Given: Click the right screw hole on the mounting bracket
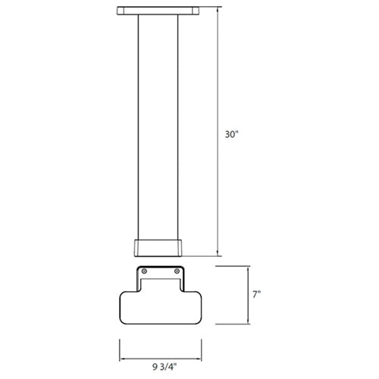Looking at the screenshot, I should pos(177,271).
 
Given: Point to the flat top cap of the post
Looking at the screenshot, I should pos(158,12).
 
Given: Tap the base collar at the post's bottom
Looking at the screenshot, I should pos(158,249).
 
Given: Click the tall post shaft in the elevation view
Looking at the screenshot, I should pos(158,129).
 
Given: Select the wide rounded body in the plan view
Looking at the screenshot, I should pos(158,308).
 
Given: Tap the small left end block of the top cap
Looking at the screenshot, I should pos(120,11).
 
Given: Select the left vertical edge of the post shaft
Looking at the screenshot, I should pos(138,129).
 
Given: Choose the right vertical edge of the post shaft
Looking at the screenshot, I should pos(179,129).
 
